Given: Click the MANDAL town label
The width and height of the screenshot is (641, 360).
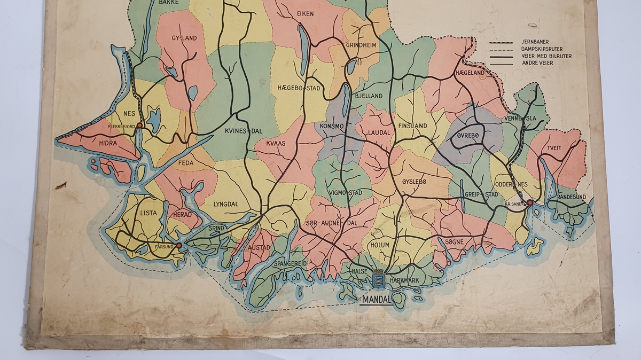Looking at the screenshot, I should point(377,300).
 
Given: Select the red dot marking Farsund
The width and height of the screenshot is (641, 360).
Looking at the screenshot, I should point(179,245).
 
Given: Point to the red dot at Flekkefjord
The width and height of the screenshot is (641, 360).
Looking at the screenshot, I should point(139,126).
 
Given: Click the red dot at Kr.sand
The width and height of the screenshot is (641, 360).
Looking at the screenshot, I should point(529,202).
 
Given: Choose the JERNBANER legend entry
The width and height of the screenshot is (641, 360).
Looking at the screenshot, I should point(536,42).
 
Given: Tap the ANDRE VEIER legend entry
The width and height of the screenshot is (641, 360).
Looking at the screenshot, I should point(537,63).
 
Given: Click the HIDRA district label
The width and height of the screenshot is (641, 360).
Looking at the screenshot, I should point(108,143).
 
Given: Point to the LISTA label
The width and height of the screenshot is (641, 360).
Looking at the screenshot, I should point(148,213).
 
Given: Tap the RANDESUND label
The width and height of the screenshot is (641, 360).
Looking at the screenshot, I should point(571,197).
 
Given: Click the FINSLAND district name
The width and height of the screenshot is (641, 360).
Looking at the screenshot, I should point(412,126).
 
